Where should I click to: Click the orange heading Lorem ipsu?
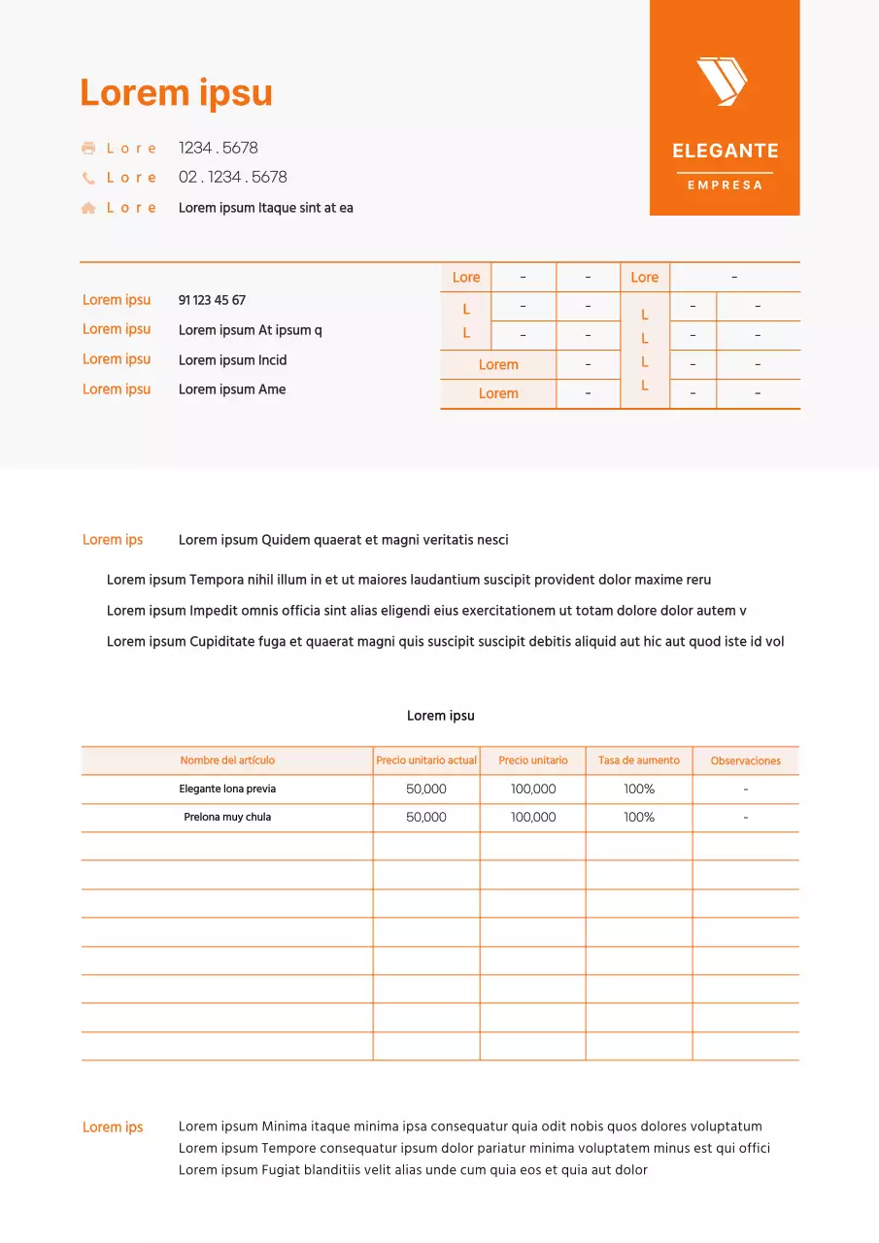176,93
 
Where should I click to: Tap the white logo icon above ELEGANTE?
722,81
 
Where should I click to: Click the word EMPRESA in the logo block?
725,185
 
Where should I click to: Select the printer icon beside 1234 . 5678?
88,149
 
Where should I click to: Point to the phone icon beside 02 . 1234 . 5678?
88,178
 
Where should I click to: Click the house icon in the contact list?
88,208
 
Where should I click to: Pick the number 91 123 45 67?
212,301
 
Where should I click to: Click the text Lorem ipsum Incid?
232,360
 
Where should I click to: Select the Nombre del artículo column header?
227,760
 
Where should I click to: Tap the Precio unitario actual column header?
426,760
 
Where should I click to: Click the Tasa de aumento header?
639,760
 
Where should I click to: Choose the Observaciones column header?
745,761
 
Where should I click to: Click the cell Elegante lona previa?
227,789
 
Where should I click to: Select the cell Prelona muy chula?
227,818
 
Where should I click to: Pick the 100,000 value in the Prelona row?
533,818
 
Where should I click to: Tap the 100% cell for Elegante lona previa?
639,789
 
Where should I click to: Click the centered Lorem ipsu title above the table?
440,716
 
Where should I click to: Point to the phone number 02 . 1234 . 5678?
232,178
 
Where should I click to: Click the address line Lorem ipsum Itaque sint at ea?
265,208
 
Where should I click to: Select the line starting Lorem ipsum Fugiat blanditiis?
413,1170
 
